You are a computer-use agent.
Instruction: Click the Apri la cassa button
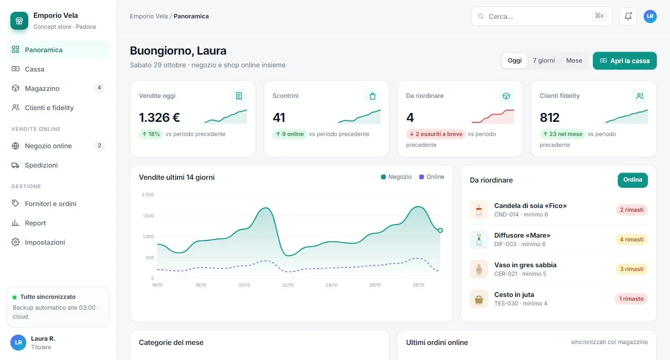pyautogui.click(x=624, y=61)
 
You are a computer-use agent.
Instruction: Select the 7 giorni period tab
pyautogui.click(x=544, y=60)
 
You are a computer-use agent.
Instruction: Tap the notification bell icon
pyautogui.click(x=628, y=16)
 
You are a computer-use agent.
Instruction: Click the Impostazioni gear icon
pyautogui.click(x=16, y=242)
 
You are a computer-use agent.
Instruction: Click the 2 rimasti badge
pyautogui.click(x=632, y=210)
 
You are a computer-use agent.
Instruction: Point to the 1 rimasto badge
pyautogui.click(x=631, y=299)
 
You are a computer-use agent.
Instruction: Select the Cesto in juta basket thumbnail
pyautogui.click(x=479, y=299)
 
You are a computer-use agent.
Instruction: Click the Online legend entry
pyautogui.click(x=431, y=177)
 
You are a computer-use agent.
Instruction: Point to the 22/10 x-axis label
pyautogui.click(x=288, y=285)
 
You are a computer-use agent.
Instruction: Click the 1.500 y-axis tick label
pyautogui.click(x=148, y=216)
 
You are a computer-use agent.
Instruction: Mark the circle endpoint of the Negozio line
pyautogui.click(x=440, y=231)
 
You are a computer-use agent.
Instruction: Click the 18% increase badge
pyautogui.click(x=151, y=134)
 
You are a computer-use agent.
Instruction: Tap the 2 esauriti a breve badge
pyautogui.click(x=436, y=134)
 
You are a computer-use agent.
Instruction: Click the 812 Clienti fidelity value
pyautogui.click(x=550, y=118)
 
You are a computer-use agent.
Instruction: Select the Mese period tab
pyautogui.click(x=574, y=60)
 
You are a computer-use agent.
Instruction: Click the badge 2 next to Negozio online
pyautogui.click(x=99, y=146)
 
